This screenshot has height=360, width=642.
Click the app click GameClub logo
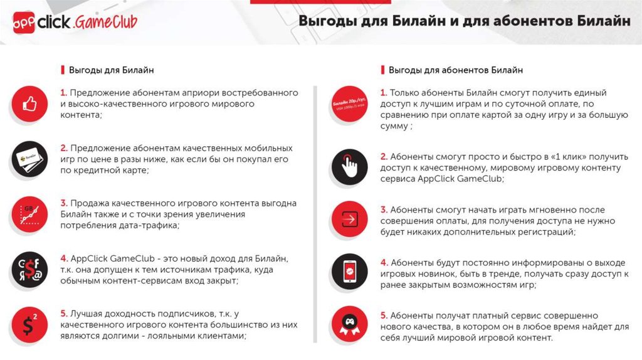point(75,23)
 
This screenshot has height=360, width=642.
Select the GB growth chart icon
point(30,214)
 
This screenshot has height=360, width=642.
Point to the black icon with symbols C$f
point(30,269)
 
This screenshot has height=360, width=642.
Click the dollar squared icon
point(30,324)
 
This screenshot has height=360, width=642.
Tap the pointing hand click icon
point(349,166)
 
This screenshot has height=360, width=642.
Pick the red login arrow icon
point(349,220)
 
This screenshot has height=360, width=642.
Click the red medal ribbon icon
point(349,326)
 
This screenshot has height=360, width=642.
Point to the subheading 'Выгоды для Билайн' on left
point(111,70)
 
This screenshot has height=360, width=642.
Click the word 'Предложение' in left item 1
point(95,93)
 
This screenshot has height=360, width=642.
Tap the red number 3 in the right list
point(384,210)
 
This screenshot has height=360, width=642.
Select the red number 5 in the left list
point(63,313)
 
